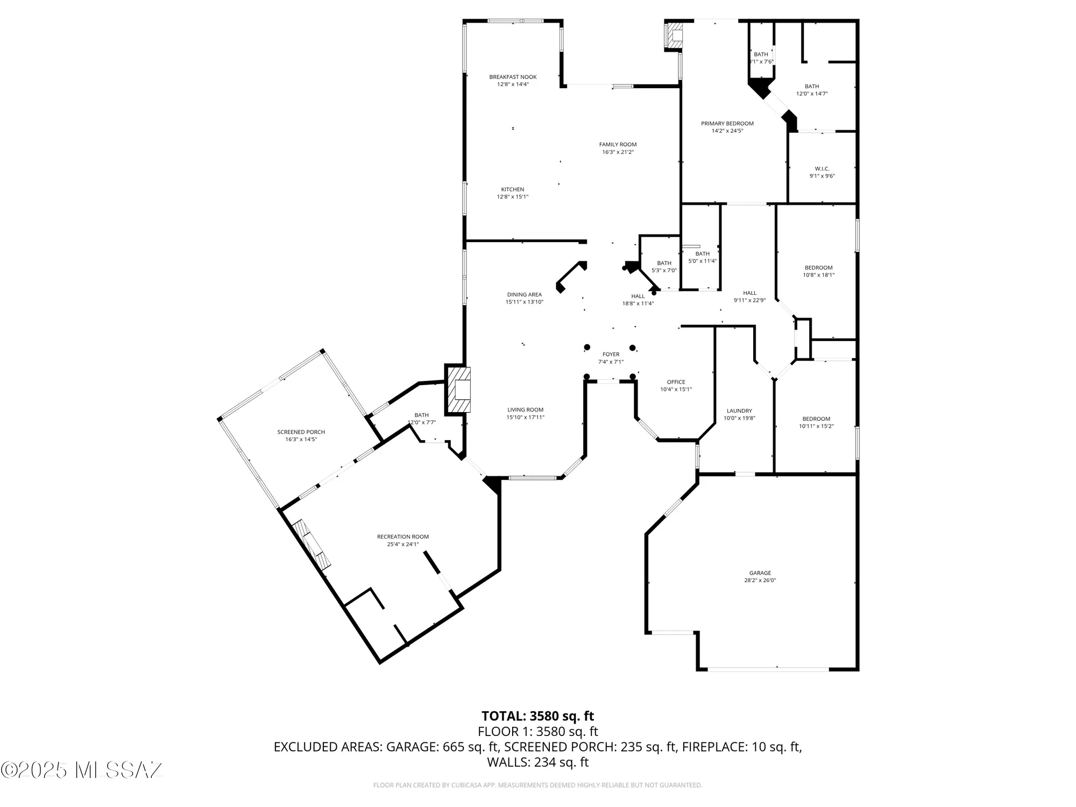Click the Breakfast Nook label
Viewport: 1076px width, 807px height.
coord(513,77)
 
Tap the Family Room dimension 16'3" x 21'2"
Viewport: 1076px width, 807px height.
coord(618,152)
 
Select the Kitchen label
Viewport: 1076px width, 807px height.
coord(512,189)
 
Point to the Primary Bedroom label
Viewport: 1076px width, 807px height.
coord(727,124)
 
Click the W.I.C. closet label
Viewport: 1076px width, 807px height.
coord(822,169)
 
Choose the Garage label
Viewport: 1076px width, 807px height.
coord(760,573)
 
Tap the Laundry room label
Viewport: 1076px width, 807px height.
coord(739,410)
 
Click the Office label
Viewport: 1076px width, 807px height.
coord(676,382)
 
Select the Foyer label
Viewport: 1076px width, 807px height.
coord(611,354)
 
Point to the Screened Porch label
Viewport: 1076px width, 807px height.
coord(301,432)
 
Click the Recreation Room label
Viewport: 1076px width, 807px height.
coord(402,536)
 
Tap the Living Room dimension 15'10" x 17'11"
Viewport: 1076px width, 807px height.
coord(525,417)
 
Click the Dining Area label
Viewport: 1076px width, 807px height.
coord(524,294)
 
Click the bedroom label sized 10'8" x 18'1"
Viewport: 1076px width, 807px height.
coord(818,267)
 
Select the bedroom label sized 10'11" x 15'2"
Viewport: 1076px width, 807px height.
coord(816,419)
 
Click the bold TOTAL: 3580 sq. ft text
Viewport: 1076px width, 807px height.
coord(537,716)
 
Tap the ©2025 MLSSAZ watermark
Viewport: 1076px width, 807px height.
coord(82,770)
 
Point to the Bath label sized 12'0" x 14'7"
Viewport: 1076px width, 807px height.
coord(811,86)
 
